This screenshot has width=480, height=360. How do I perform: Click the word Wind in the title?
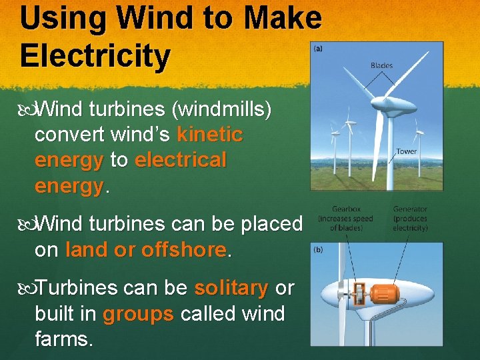144,18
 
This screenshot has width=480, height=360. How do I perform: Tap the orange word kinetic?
210,135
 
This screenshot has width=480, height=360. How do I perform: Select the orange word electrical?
181,160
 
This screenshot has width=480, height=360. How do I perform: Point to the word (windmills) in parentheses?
221,109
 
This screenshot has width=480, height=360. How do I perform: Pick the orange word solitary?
231,288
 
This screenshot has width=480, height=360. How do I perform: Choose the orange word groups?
138,313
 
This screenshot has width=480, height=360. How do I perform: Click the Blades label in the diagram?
381,65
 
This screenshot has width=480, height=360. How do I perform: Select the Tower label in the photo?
406,151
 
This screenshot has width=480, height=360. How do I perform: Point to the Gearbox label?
345,209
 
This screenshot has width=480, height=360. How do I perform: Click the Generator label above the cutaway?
410,209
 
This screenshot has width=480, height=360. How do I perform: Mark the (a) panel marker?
319,48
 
